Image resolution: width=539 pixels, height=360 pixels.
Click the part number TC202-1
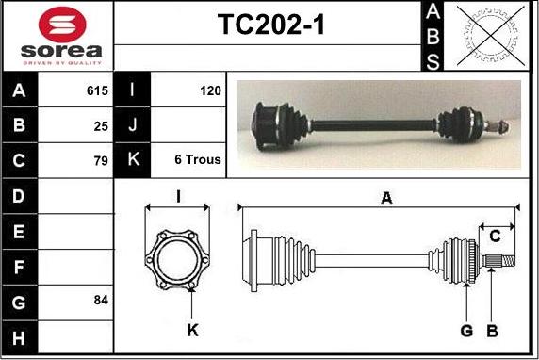click(271, 25)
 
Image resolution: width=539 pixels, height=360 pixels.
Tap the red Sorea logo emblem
click(62, 25)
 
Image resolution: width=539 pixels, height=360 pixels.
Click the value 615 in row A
click(97, 90)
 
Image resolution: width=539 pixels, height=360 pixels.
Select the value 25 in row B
click(101, 126)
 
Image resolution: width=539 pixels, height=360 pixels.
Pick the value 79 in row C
click(101, 160)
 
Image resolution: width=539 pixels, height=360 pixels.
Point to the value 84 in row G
click(101, 300)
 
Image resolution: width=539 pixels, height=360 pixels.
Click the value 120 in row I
click(210, 90)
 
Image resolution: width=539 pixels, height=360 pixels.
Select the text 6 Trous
click(198, 159)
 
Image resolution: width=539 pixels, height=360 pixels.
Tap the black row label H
click(19, 337)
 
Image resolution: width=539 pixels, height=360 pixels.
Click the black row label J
click(132, 124)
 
